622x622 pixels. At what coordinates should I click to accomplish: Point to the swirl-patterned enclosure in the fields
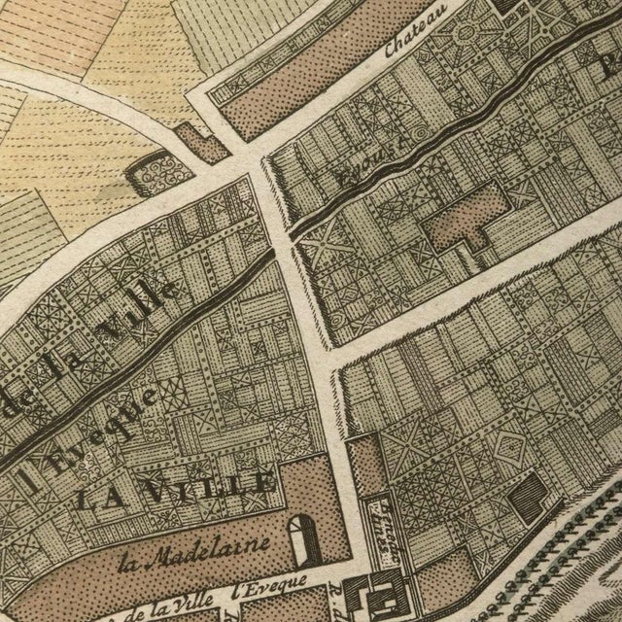154,173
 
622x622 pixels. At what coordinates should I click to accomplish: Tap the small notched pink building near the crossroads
206,142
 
